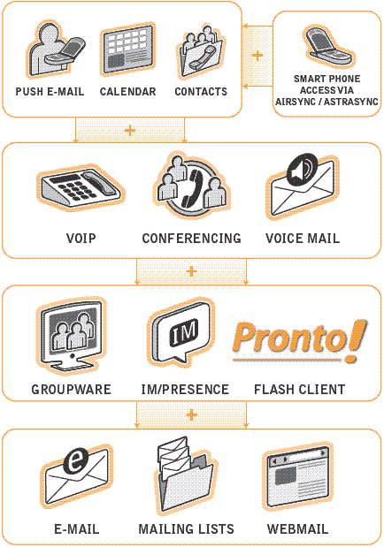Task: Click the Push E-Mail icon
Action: pyautogui.click(x=55, y=49)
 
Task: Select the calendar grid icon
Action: pyautogui.click(x=128, y=49)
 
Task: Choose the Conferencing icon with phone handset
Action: pyautogui.click(x=191, y=187)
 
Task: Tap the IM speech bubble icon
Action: pyautogui.click(x=181, y=334)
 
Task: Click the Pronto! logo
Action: pyautogui.click(x=300, y=340)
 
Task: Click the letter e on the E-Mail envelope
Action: pyautogui.click(x=76, y=461)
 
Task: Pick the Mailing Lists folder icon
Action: pyautogui.click(x=185, y=475)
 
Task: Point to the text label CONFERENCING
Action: pyautogui.click(x=191, y=239)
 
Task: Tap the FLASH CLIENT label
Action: pyautogui.click(x=299, y=390)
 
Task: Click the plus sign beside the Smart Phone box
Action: pyautogui.click(x=257, y=56)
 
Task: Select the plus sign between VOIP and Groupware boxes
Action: pyautogui.click(x=191, y=271)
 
